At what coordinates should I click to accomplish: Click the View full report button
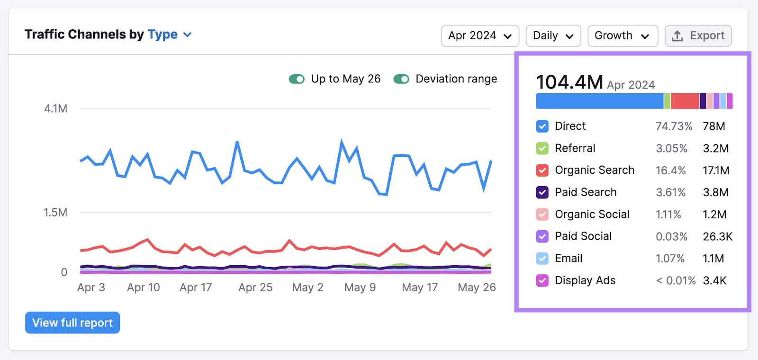click(72, 323)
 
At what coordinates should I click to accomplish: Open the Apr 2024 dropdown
click(480, 36)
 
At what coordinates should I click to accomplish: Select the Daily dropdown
click(553, 36)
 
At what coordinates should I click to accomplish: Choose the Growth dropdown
click(622, 36)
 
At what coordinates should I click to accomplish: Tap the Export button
click(698, 36)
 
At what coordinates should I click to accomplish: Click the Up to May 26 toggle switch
click(297, 79)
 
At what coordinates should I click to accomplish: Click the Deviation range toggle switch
click(401, 79)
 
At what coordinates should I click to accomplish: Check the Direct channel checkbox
click(542, 126)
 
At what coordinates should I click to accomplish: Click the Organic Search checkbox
click(542, 171)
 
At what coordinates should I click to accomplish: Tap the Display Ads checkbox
click(542, 280)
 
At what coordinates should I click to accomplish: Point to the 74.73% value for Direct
click(674, 126)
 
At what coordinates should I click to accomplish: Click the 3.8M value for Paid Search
click(715, 192)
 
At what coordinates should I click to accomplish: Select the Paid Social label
click(583, 236)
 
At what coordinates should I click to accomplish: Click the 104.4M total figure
click(569, 82)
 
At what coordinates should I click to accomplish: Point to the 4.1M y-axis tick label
click(55, 109)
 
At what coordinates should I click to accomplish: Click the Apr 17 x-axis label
click(196, 288)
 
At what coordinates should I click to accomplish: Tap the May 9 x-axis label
click(360, 288)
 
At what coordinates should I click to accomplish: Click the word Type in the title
click(162, 35)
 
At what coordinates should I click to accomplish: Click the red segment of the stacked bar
click(685, 101)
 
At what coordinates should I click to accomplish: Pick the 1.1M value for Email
click(713, 259)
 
